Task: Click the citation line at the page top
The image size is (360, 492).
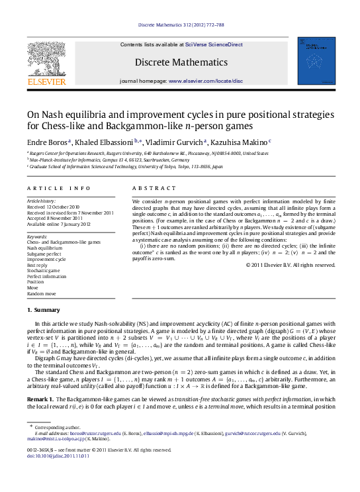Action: coord(181,25)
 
